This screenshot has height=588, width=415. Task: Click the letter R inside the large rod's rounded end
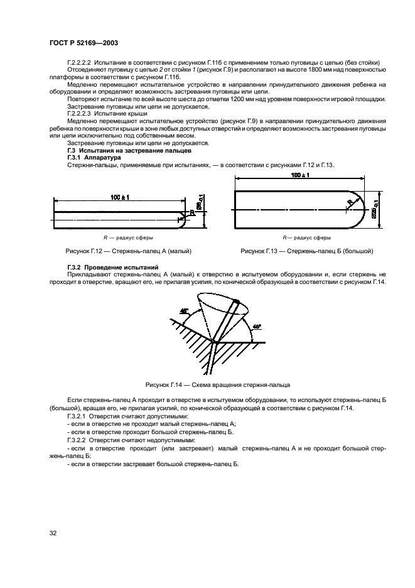349,202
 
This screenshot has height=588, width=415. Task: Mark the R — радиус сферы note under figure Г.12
129,238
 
